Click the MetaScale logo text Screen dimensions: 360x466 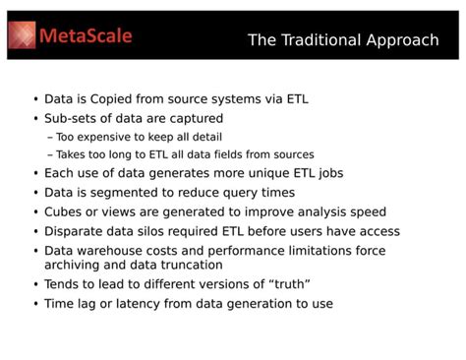(x=86, y=36)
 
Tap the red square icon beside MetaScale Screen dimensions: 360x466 (x=23, y=36)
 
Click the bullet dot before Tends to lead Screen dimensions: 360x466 (x=35, y=284)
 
